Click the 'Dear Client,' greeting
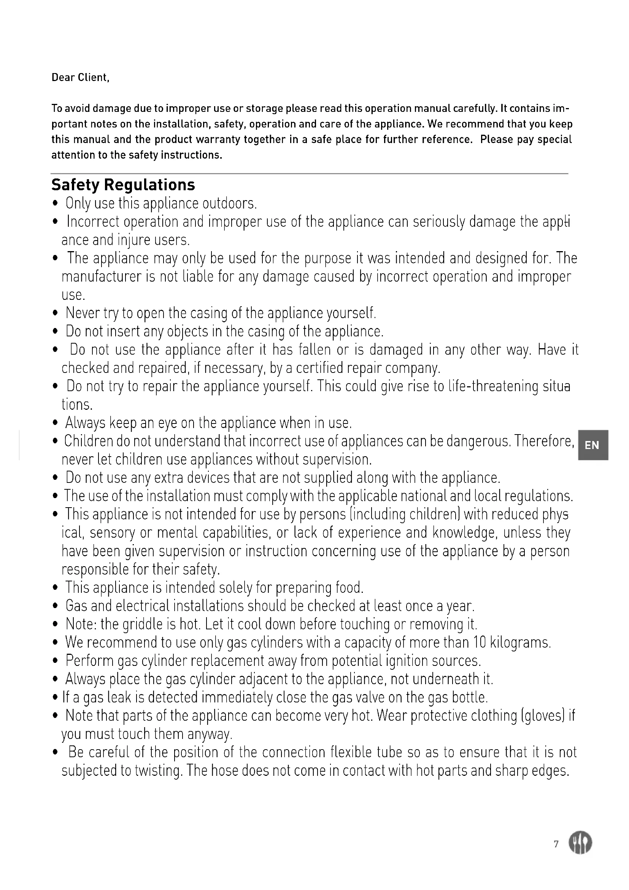click(x=81, y=78)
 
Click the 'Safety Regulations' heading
click(x=123, y=185)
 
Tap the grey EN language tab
click(x=592, y=445)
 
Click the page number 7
click(x=556, y=844)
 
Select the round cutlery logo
click(x=580, y=843)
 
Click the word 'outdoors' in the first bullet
click(x=229, y=203)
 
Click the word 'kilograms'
click(x=520, y=642)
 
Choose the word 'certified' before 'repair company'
click(x=319, y=368)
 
